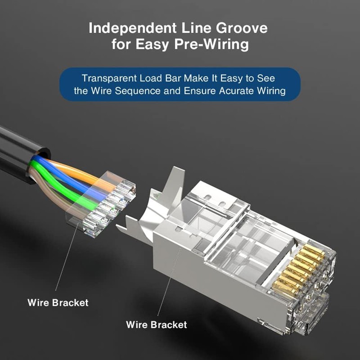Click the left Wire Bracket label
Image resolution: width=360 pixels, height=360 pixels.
[x=58, y=302]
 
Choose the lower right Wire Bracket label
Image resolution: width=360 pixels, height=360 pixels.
[x=156, y=324]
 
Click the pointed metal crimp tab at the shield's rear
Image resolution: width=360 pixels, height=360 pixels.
[x=128, y=225]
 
